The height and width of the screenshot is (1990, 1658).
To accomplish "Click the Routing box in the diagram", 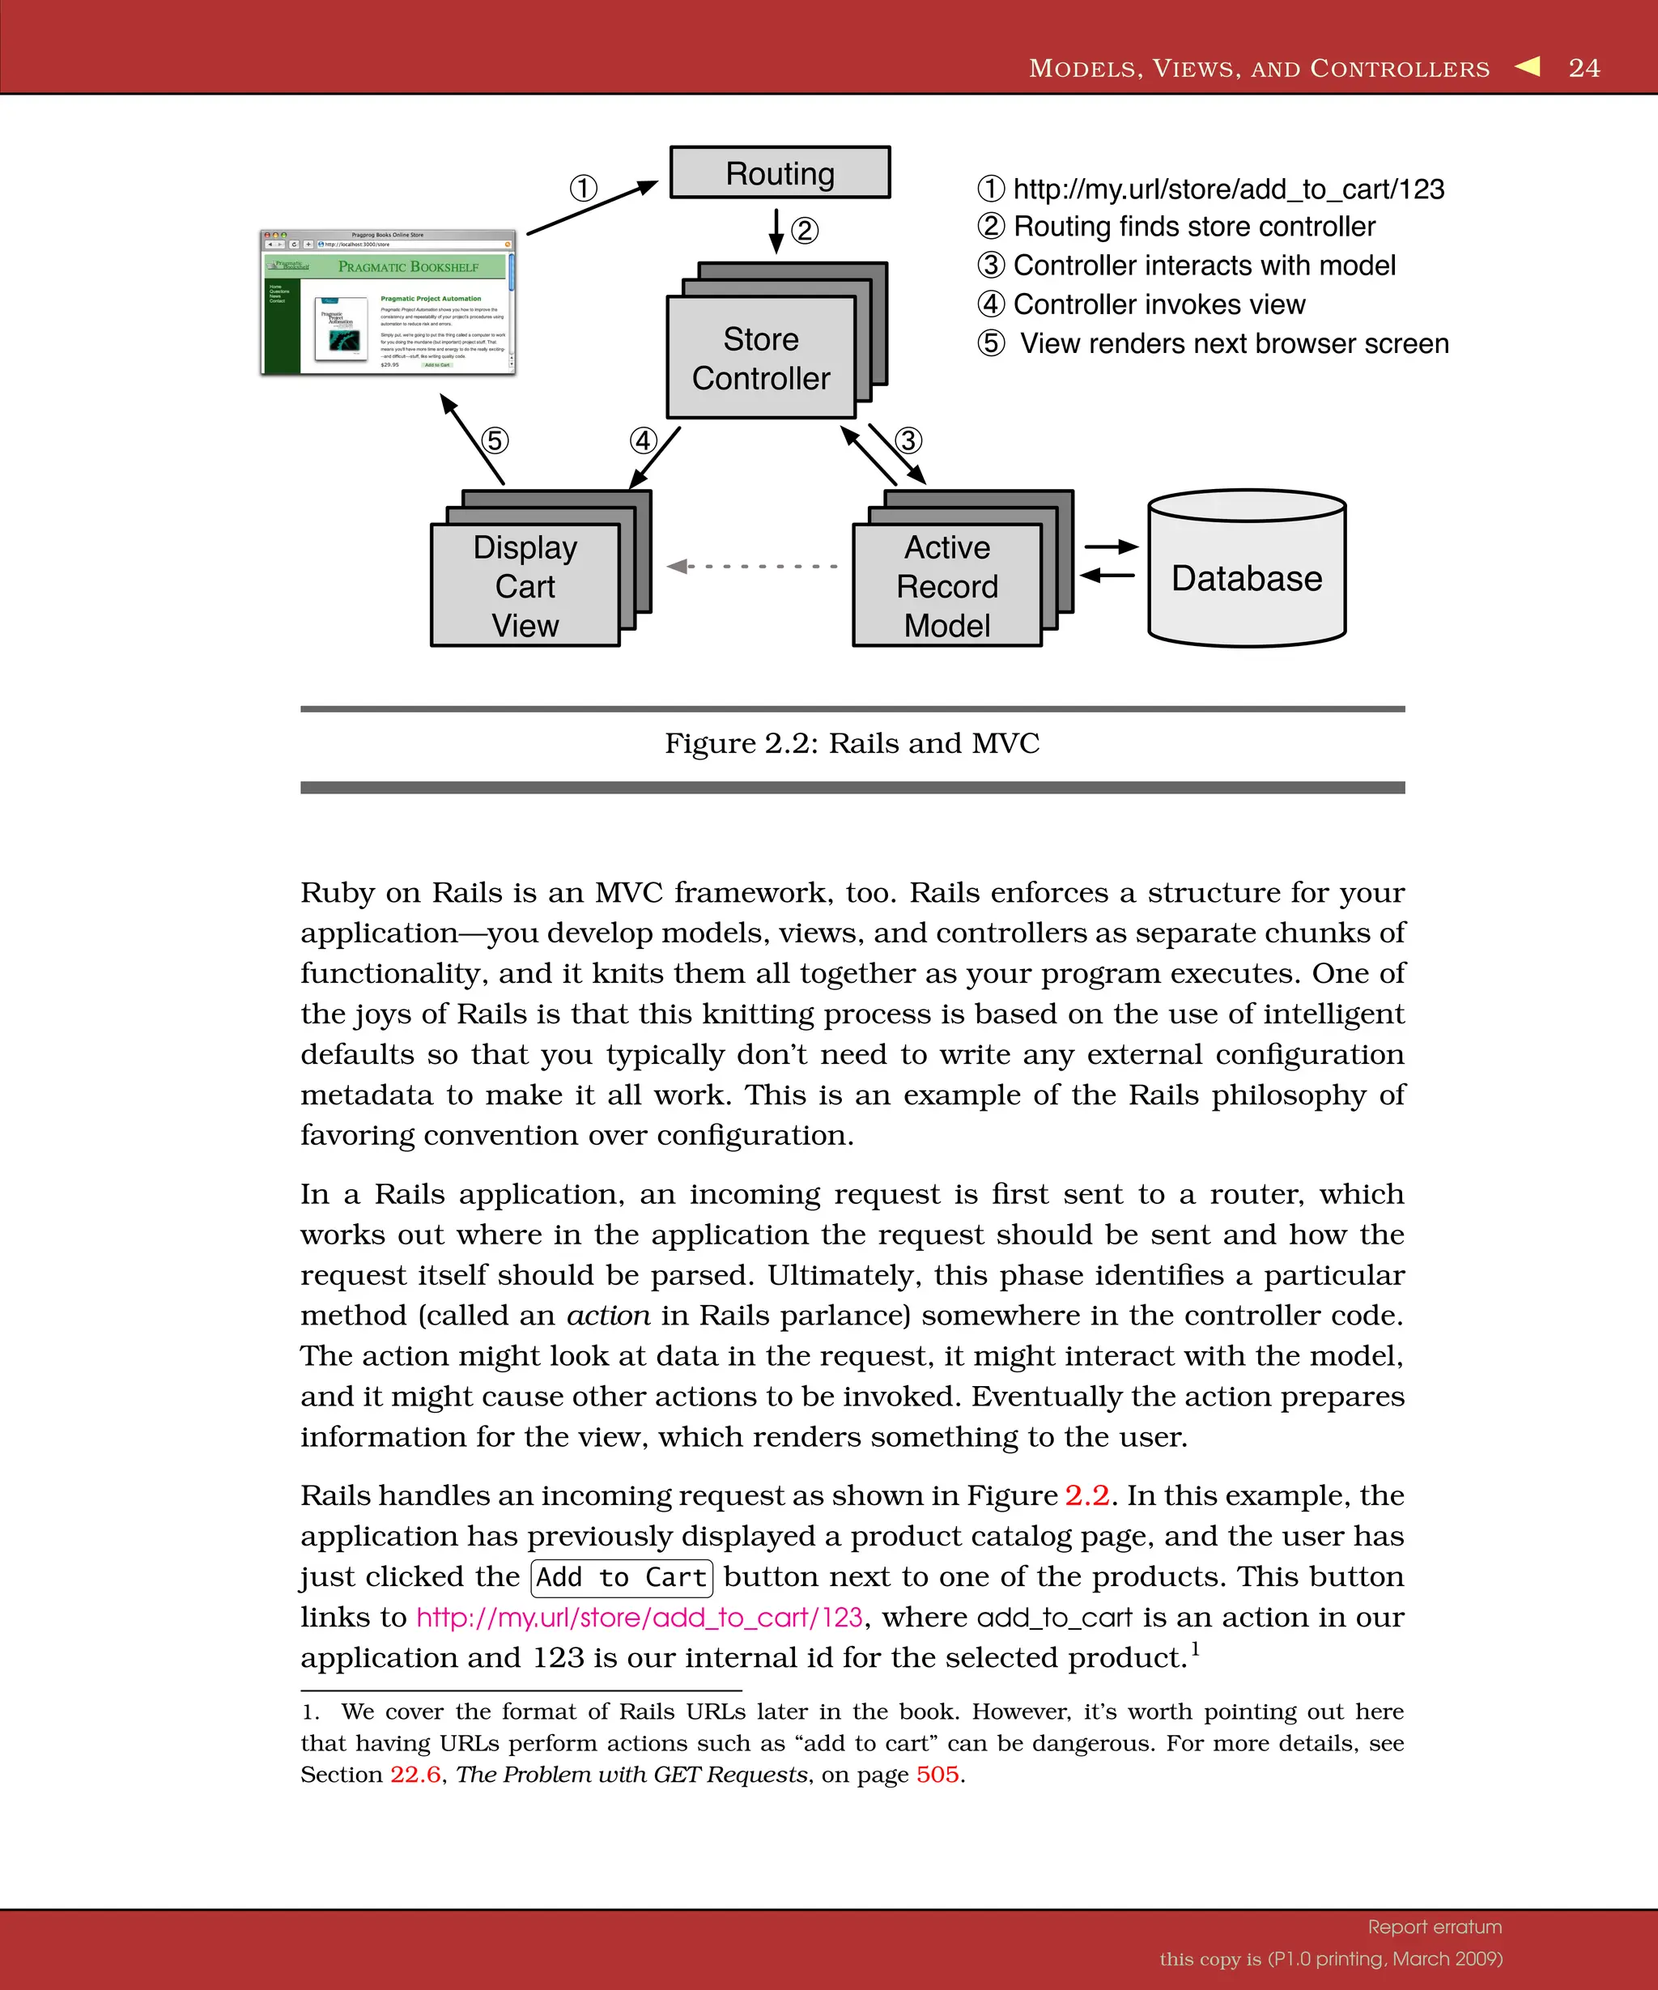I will [780, 172].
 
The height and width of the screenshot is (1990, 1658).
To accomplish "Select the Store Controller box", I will [761, 358].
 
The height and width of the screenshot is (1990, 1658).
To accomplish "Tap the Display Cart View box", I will [525, 585].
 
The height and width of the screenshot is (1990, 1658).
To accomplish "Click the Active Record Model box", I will [946, 585].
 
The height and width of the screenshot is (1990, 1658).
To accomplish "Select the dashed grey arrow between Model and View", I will [753, 566].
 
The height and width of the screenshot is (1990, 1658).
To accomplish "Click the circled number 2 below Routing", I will [805, 230].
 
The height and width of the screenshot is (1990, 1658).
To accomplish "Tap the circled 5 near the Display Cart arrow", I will [495, 440].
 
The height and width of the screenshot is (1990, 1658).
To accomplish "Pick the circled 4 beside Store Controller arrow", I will [644, 440].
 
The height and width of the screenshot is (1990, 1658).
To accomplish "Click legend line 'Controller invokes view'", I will [1158, 304].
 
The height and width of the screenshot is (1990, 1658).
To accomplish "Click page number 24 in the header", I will [1584, 67].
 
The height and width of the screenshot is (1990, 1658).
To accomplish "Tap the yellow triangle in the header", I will [1528, 66].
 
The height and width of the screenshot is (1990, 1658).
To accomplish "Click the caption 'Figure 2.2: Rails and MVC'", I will [852, 743].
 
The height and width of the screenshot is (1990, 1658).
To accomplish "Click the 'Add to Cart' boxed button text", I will [622, 1578].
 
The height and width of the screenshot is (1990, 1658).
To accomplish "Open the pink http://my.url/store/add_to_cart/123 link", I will [640, 1618].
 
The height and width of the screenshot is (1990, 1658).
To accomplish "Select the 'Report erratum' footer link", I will [1435, 1927].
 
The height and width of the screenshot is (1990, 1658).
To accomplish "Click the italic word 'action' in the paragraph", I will [608, 1316].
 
